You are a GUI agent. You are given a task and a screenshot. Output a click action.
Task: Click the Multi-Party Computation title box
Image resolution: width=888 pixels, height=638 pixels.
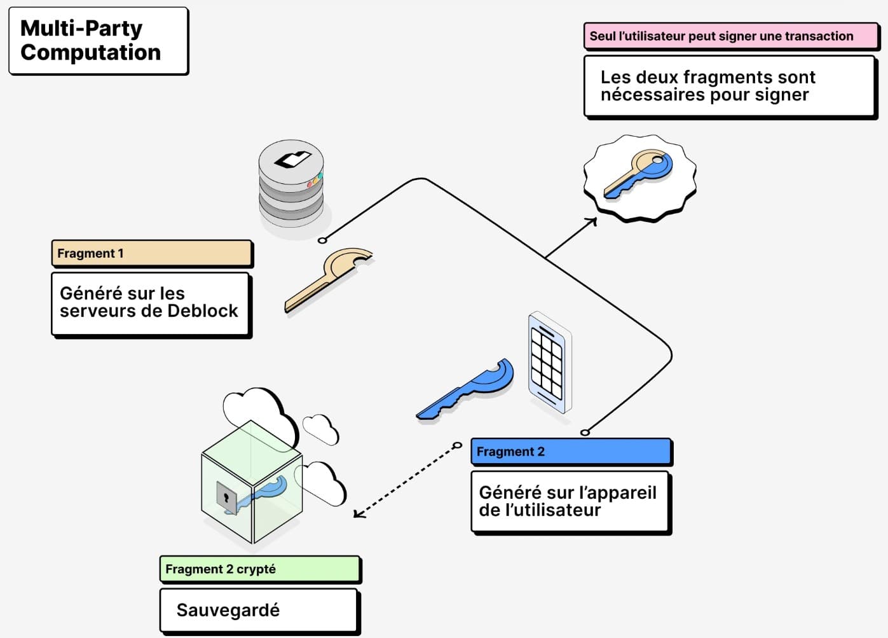(98, 41)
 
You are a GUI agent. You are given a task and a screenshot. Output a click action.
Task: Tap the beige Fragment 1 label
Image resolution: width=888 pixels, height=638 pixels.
(151, 253)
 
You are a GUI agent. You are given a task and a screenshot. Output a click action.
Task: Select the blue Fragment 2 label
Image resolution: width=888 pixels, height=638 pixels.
(570, 452)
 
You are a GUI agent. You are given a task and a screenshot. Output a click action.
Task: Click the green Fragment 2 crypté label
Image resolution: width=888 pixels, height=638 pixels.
(259, 569)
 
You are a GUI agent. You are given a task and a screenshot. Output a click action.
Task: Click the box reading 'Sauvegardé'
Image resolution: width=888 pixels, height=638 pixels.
(259, 610)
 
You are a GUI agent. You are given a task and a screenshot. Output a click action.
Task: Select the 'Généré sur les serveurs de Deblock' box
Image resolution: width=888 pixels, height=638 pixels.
(150, 303)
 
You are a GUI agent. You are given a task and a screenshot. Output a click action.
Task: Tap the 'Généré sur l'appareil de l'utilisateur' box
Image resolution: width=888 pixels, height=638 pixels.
(570, 501)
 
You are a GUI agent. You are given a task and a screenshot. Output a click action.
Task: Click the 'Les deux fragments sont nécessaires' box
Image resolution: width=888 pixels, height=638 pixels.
(728, 86)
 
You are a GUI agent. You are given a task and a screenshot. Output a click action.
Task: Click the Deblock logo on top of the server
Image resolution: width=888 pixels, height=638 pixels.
(292, 159)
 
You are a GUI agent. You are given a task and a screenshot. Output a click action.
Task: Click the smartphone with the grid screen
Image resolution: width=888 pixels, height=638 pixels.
(549, 363)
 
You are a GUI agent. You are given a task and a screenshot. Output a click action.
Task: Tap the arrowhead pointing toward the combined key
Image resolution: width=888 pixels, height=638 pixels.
(592, 221)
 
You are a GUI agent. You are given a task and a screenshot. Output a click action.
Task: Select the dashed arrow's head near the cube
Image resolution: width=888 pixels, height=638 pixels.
(358, 513)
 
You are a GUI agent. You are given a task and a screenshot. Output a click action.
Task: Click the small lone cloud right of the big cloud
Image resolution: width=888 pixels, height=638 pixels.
(321, 429)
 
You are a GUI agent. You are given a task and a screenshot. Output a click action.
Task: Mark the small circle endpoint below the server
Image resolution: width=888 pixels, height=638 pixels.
(322, 240)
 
